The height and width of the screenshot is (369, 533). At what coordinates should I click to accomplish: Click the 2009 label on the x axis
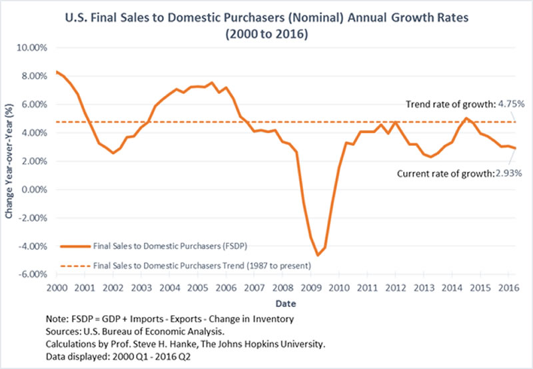point(310,288)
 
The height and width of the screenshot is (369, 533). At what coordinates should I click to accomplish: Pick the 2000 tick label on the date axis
point(56,288)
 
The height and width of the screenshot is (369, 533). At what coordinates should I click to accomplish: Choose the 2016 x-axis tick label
point(509,288)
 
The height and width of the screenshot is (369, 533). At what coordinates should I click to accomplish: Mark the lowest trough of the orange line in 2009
point(318,255)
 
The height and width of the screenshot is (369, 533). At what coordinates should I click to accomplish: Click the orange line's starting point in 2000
point(57,71)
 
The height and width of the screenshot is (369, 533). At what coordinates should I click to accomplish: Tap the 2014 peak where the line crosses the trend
point(466,119)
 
